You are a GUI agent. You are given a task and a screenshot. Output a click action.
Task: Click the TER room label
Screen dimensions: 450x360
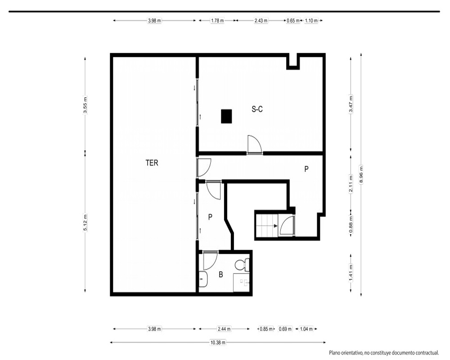point(152,163)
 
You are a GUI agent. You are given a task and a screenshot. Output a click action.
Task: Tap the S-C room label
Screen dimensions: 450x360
point(257,109)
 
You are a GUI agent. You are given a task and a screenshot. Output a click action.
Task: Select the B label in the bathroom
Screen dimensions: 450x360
point(220,275)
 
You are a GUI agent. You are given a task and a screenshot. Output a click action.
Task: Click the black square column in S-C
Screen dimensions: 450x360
point(226,116)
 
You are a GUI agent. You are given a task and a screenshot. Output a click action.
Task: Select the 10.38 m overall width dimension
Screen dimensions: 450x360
point(218,342)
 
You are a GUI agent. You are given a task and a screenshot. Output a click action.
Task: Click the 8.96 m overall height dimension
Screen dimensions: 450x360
point(361,174)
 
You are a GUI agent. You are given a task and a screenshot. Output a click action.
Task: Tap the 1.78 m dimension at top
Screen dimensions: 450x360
point(217,20)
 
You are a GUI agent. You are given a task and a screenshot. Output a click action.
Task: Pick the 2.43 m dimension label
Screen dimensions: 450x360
point(261,20)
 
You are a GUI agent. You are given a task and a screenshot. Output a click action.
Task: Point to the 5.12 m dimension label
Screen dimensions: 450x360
point(85,222)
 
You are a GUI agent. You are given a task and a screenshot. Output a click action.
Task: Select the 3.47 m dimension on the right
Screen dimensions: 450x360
point(351,104)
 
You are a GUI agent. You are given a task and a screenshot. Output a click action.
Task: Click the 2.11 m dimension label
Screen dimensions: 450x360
point(351,184)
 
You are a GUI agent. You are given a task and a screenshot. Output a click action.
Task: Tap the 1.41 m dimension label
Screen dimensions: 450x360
point(351,273)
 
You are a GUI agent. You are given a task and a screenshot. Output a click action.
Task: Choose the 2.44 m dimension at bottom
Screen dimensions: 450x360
point(224,329)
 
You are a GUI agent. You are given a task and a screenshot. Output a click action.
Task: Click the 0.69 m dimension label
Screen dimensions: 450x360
point(285,329)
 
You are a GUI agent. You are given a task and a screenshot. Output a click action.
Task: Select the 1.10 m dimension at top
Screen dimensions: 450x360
point(311,20)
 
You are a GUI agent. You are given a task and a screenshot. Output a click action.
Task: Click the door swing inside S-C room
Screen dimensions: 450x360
point(255,143)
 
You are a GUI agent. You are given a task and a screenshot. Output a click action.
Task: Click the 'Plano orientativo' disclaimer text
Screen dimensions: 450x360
point(384,352)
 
